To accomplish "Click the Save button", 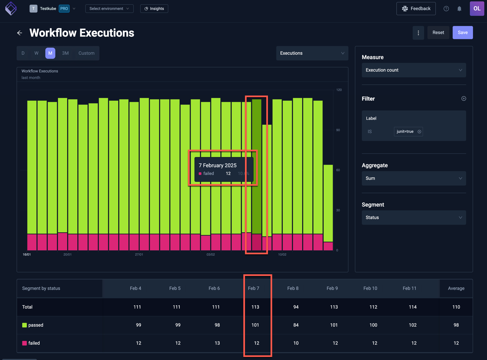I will point(462,32).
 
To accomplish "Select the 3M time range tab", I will point(65,53).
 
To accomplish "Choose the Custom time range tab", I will point(86,53).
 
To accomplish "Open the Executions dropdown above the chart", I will point(312,53).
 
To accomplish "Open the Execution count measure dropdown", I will point(414,70).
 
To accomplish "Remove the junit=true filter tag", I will point(419,132).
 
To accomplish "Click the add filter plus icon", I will point(463,99).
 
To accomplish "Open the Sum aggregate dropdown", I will point(414,179).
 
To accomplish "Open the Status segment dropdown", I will point(414,218).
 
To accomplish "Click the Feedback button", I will point(416,9).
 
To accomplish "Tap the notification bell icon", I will point(459,9).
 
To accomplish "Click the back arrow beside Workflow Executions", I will point(20,33).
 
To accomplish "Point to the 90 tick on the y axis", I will point(338,130).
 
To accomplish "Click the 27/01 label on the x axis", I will point(139,255).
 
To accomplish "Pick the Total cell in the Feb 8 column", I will point(295,307).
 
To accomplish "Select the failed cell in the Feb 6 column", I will point(217,343).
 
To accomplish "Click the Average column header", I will point(456,288).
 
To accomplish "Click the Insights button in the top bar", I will point(154,9).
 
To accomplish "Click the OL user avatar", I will point(477,9).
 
